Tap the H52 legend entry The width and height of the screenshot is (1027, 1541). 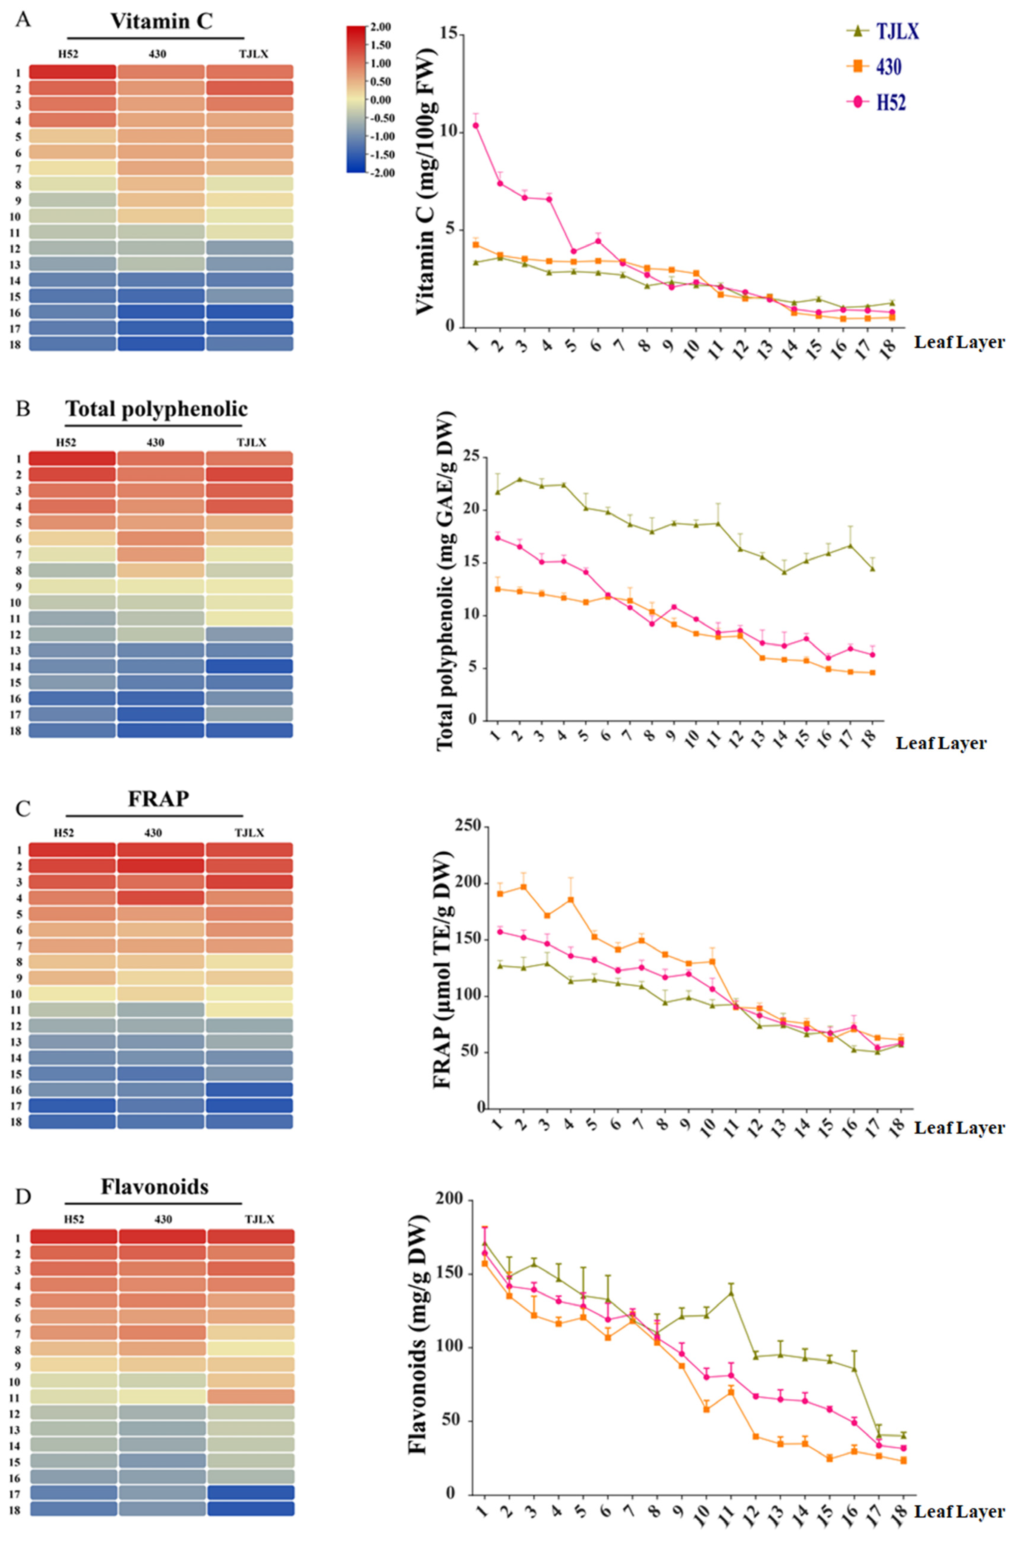point(891,102)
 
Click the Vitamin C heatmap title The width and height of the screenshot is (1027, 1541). point(161,21)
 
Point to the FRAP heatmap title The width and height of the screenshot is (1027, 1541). point(158,799)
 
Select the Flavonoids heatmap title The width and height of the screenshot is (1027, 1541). point(155,1187)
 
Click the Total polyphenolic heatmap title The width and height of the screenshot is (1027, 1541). point(157,409)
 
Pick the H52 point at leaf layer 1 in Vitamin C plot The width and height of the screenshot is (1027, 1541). point(475,125)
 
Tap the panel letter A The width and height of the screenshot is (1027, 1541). point(23,20)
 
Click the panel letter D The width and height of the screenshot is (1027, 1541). point(23,1197)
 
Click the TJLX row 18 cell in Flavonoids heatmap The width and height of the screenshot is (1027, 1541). point(251,1508)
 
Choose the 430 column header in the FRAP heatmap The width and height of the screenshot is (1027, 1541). point(153,833)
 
